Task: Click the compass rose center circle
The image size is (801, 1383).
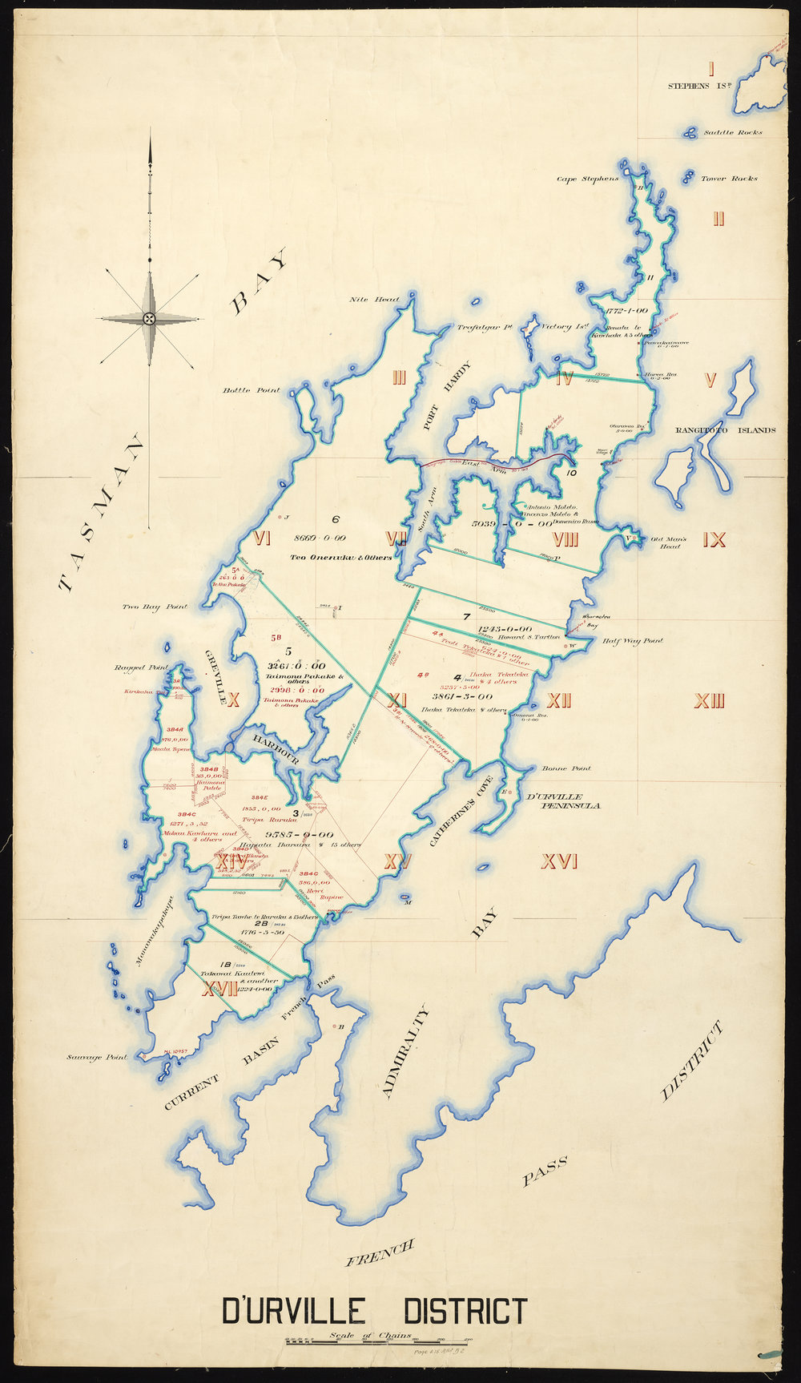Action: pyautogui.click(x=149, y=319)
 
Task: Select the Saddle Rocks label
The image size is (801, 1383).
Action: pyautogui.click(x=733, y=133)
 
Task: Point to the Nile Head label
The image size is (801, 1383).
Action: pyautogui.click(x=374, y=300)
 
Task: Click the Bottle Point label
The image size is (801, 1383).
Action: pyautogui.click(x=252, y=390)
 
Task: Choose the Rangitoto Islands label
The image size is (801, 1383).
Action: pyautogui.click(x=726, y=430)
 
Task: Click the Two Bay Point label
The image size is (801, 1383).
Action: pyautogui.click(x=155, y=607)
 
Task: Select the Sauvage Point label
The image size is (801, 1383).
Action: pyautogui.click(x=97, y=1058)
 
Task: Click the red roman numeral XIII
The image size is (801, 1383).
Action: pyautogui.click(x=709, y=703)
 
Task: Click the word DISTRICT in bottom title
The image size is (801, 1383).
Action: pyautogui.click(x=465, y=1312)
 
